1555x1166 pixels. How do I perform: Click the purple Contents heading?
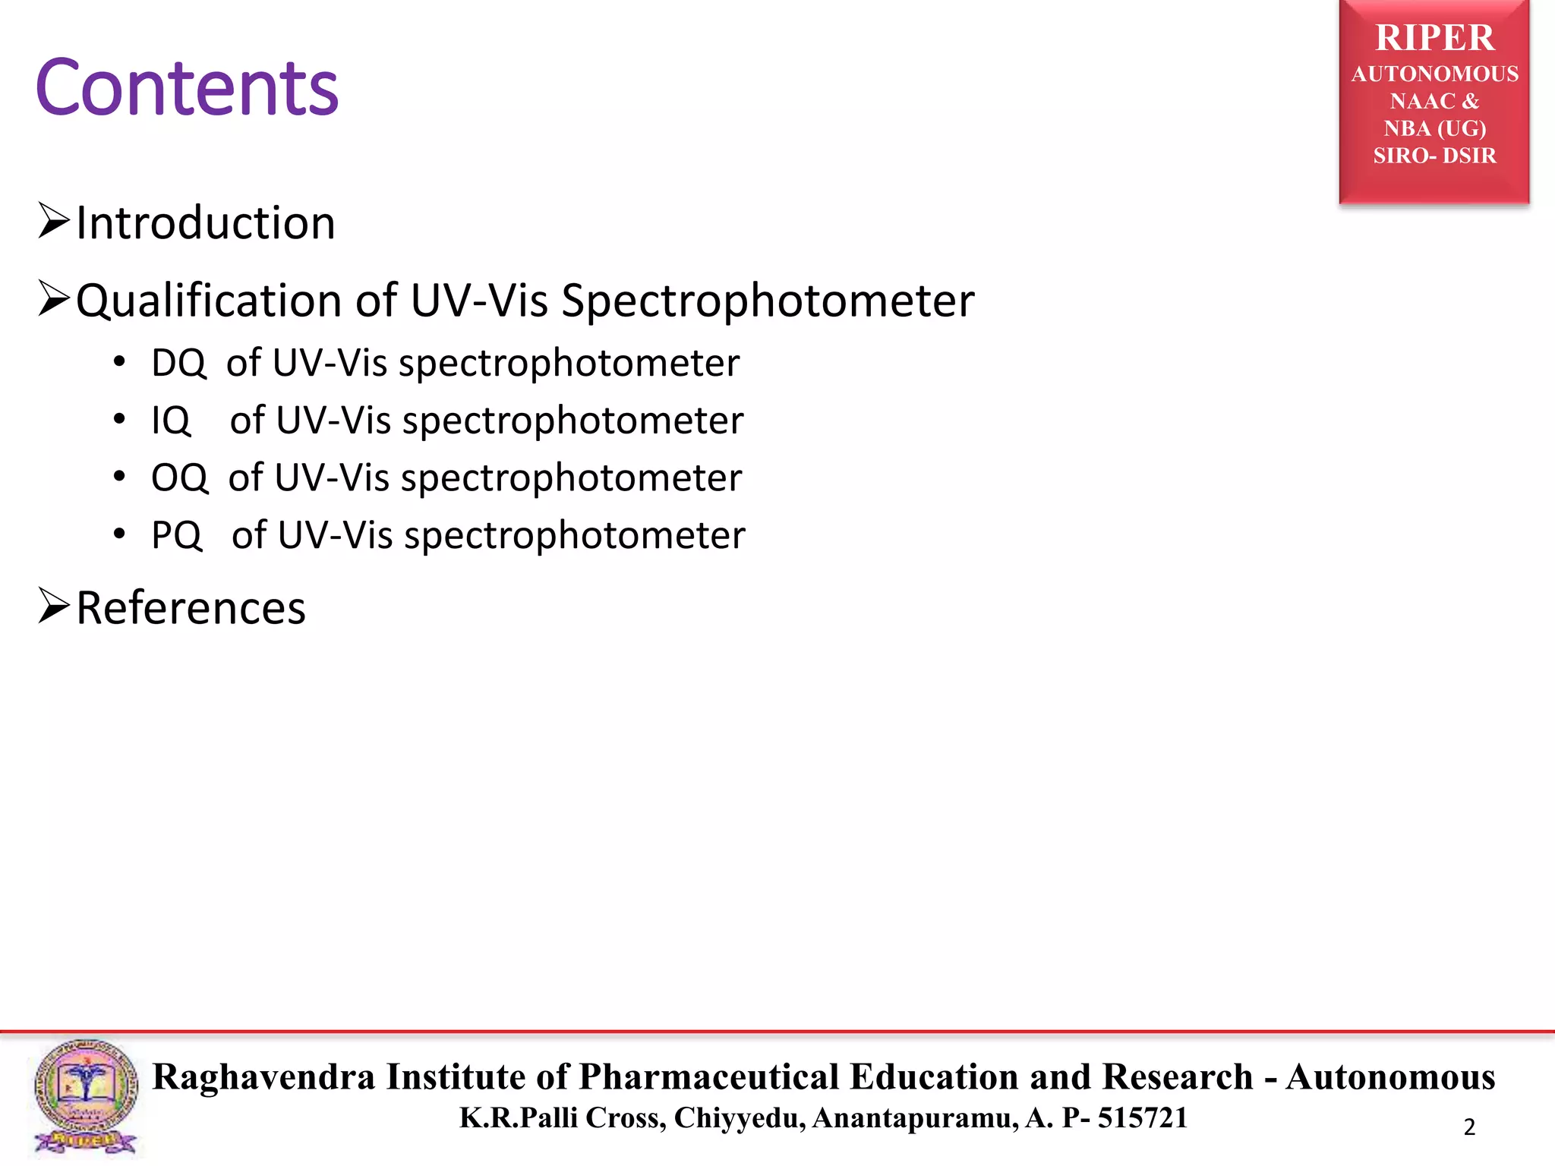(187, 88)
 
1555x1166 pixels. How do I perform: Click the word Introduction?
(205, 223)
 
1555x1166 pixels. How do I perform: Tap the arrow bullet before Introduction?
(54, 221)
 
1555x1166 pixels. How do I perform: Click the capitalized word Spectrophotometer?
(767, 301)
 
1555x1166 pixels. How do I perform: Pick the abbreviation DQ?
(178, 363)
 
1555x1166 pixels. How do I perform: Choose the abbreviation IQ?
(171, 421)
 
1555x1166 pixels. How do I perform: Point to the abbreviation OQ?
(179, 478)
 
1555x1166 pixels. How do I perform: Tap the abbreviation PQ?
(177, 535)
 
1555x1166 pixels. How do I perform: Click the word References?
(191, 608)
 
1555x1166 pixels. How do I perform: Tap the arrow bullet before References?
(54, 606)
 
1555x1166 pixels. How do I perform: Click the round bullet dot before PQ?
(119, 534)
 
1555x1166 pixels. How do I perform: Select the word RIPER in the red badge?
(1434, 38)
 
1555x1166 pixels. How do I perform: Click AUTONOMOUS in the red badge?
(1434, 74)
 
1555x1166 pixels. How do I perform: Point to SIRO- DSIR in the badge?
(1434, 156)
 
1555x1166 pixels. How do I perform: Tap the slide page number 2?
(1469, 1127)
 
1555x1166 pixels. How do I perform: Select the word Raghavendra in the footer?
(264, 1076)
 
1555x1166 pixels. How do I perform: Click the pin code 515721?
(1142, 1117)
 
